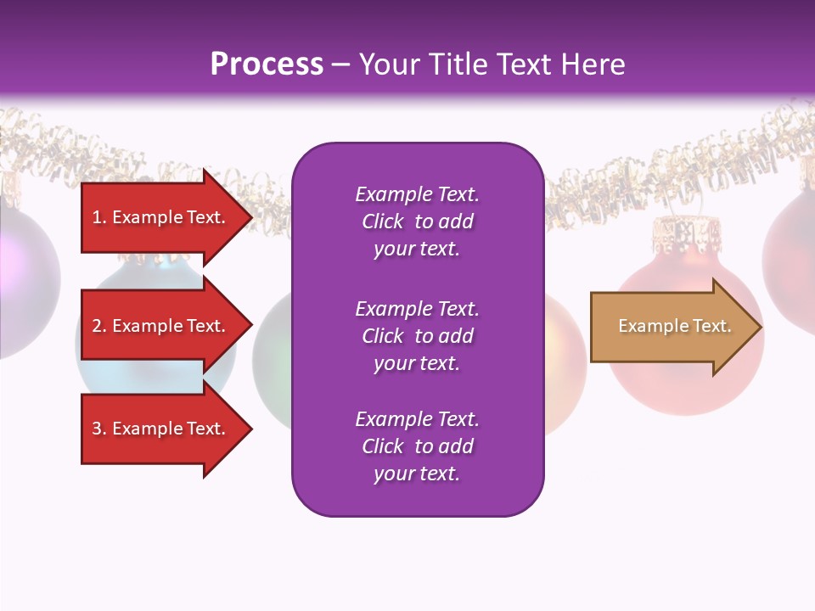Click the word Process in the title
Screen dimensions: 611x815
tap(267, 64)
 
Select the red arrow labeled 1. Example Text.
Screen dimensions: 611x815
tap(161, 217)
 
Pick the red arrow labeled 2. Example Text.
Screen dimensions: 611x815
tap(161, 326)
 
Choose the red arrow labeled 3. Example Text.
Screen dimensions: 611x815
tap(161, 429)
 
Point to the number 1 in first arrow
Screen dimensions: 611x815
tap(97, 217)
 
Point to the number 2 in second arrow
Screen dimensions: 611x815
tap(97, 326)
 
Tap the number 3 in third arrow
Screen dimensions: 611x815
tap(97, 429)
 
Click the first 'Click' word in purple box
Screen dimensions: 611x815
tap(382, 221)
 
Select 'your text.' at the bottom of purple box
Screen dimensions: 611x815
tap(417, 474)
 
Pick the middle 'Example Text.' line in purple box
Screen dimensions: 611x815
tap(417, 309)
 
